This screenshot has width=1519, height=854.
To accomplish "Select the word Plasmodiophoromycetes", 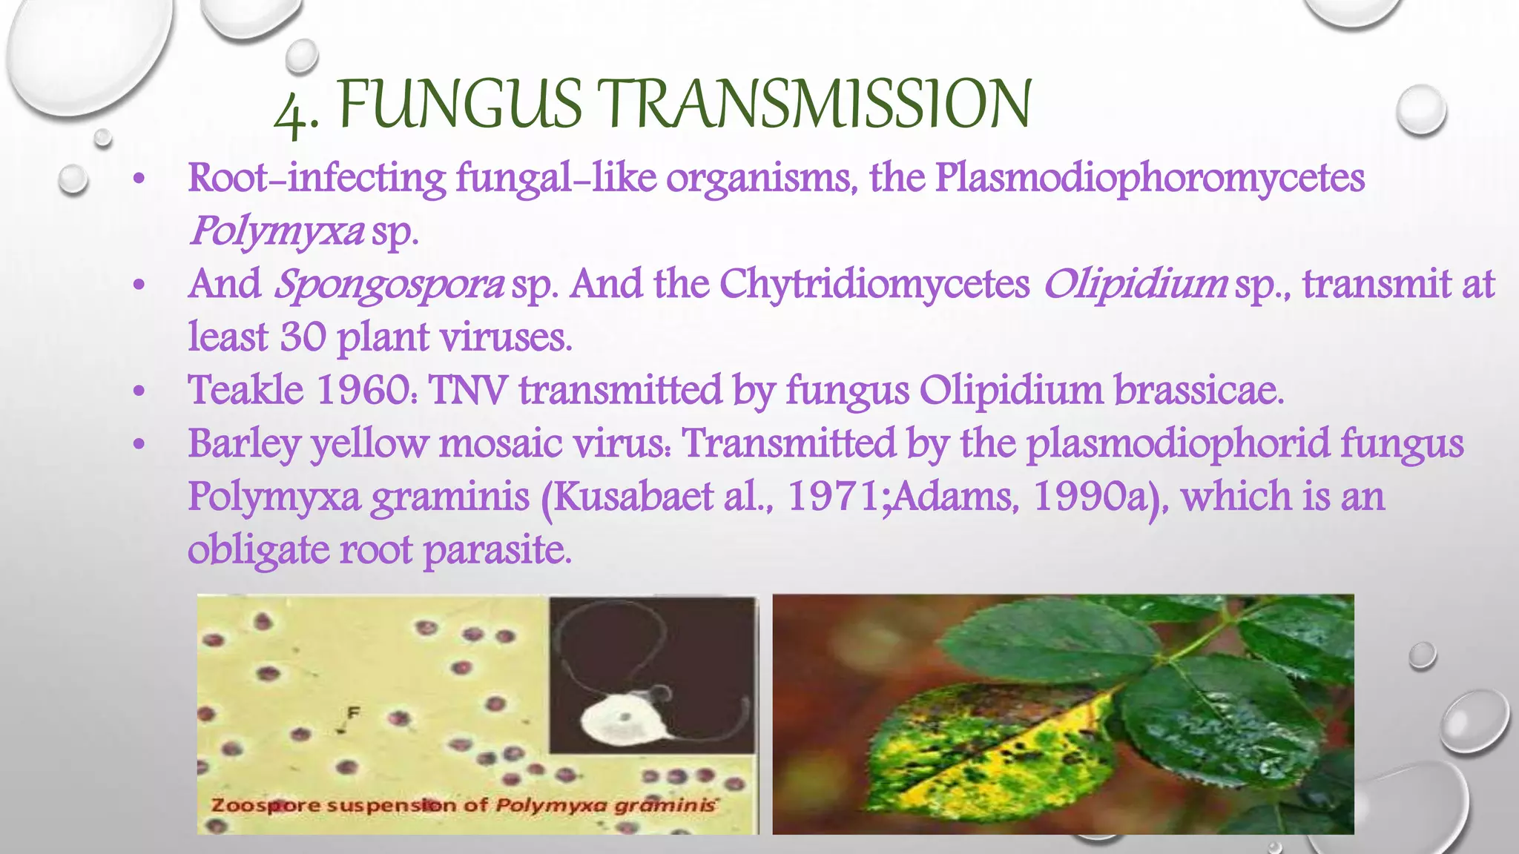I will [1149, 179].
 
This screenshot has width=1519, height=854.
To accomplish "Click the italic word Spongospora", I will [389, 285].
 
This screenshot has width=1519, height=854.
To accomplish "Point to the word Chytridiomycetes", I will [874, 285].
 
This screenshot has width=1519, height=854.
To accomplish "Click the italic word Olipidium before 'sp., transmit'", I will [1135, 285].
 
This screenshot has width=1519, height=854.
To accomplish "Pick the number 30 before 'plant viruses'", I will [303, 337].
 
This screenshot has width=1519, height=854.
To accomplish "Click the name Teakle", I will [246, 390].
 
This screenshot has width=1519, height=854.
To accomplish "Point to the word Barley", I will [244, 444].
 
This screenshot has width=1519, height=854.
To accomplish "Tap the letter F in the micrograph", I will [354, 712].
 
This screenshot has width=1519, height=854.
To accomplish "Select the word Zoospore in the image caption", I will [256, 805].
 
